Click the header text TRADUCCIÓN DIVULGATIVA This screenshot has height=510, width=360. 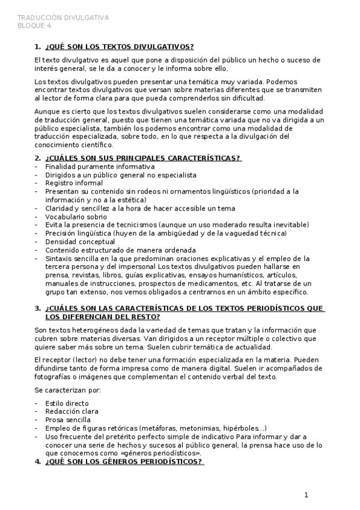(63, 18)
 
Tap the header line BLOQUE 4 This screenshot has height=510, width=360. (34, 25)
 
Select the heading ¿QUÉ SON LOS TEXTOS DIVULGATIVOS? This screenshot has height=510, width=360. (120, 46)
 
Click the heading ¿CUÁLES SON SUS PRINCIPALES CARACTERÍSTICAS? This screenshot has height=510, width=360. (143, 158)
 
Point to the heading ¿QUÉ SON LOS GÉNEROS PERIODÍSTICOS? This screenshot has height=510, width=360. (124, 462)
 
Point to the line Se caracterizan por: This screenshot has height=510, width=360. (68, 390)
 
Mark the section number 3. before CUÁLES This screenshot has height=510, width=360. (38, 309)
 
